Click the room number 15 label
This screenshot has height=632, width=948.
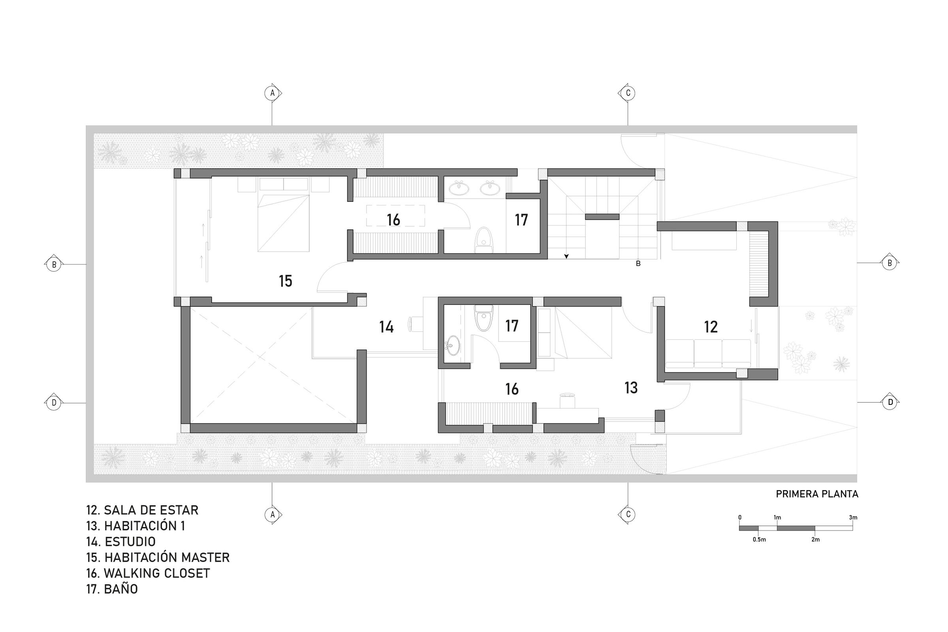click(x=285, y=281)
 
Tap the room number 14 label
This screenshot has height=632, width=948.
click(x=386, y=327)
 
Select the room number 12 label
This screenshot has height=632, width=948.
click(x=711, y=327)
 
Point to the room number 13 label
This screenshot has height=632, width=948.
click(x=631, y=388)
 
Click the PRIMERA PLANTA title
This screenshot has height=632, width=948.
click(x=817, y=494)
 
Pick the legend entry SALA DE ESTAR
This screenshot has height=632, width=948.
click(x=142, y=510)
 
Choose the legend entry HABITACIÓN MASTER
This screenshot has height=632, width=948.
click(x=158, y=557)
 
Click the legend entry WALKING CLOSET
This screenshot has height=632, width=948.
click(x=148, y=573)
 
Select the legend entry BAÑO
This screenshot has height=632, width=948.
click(x=112, y=589)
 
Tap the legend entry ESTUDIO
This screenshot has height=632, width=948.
click(x=121, y=542)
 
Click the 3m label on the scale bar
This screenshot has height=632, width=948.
click(x=853, y=517)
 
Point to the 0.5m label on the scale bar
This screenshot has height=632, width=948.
click(x=759, y=539)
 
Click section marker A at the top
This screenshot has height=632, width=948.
click(x=273, y=93)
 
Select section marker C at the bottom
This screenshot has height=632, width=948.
click(x=627, y=515)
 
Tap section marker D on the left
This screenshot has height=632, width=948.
click(x=54, y=402)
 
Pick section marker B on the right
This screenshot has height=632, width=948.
click(x=890, y=263)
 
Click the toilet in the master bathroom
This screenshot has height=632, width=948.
click(x=483, y=240)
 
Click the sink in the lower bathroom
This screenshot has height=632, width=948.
click(x=452, y=345)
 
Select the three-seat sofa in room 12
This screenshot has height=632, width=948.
click(x=708, y=354)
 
